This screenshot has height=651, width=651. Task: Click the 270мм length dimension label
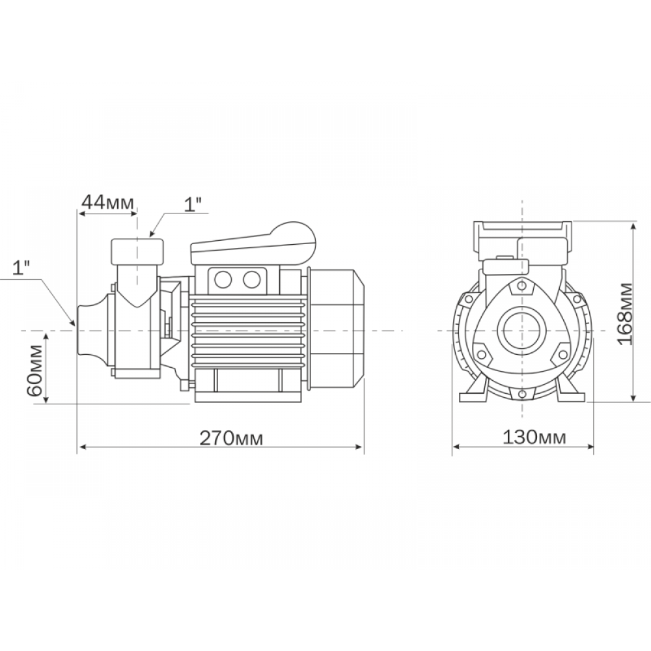point(231,437)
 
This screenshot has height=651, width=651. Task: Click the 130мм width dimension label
point(534,437)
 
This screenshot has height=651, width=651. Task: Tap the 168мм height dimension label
point(624,314)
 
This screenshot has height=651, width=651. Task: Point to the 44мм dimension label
point(108,202)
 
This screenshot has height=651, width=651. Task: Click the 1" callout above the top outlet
point(193,204)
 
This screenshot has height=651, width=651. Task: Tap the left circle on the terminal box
point(223,280)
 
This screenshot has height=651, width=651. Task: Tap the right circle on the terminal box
point(251,280)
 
